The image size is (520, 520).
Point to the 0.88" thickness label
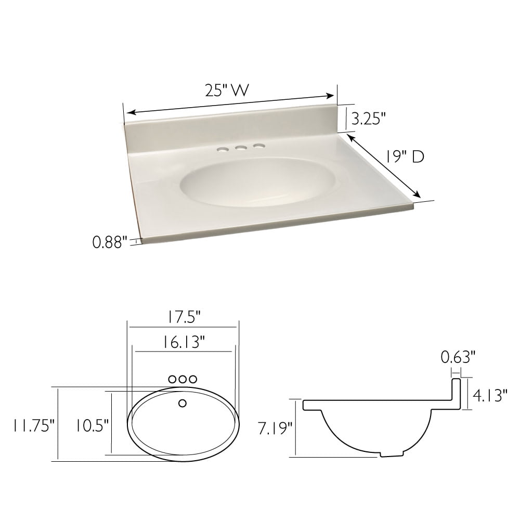110,242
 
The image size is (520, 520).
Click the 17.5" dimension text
183,316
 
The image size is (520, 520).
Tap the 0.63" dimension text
458,357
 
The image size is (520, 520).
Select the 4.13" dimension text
489,396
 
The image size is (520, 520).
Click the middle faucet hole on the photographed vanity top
240,149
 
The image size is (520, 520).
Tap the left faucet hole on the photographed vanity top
222,150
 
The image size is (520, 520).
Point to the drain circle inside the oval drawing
182,403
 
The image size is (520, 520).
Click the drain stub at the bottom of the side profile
392,453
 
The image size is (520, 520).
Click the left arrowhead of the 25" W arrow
130,113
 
